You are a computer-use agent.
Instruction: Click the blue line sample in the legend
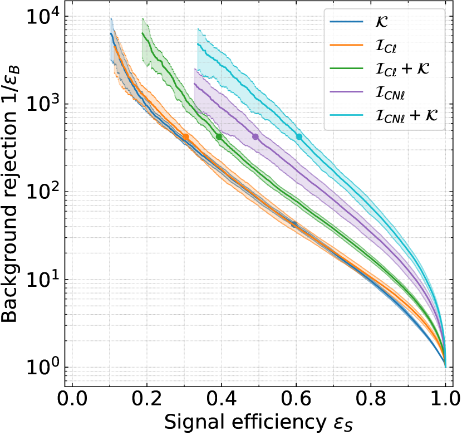tap(346, 22)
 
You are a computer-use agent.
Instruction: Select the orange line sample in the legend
tap(346, 45)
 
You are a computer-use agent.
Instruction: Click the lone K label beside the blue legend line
tap(382, 22)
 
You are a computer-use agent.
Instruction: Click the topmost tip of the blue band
tap(111, 18)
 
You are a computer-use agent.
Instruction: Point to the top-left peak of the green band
tap(143, 18)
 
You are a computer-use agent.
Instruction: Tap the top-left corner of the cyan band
tap(198, 28)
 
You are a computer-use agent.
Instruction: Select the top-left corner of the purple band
tap(194, 69)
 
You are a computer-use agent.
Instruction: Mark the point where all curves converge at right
tap(445, 365)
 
